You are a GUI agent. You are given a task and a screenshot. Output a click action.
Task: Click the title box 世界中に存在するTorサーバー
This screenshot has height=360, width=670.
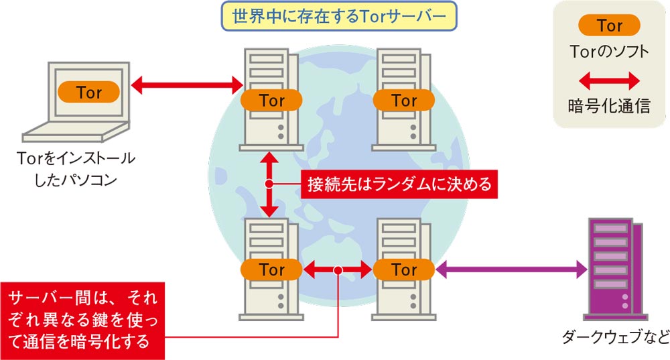point(338,15)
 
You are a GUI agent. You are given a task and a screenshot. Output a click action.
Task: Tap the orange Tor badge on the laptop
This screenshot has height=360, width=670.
point(88,91)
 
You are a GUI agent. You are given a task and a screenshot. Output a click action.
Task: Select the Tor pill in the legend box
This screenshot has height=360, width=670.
point(609,26)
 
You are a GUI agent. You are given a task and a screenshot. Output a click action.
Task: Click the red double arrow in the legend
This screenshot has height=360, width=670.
point(609,82)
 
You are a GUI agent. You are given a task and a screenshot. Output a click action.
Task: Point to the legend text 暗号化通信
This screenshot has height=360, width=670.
point(609,105)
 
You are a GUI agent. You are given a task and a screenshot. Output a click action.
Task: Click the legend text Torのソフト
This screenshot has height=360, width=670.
point(609,51)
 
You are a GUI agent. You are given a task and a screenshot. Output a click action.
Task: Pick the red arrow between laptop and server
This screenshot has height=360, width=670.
point(187,85)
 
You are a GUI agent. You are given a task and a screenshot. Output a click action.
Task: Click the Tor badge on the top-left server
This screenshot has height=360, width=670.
point(271,101)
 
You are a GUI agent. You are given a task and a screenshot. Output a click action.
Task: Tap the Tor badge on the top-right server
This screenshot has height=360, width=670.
point(404,101)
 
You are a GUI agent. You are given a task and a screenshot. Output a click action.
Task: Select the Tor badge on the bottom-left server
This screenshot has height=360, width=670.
point(271,270)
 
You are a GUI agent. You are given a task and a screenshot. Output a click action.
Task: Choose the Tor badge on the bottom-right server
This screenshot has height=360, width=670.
point(404,270)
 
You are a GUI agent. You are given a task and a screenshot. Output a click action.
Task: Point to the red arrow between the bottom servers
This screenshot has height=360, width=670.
point(338,270)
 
